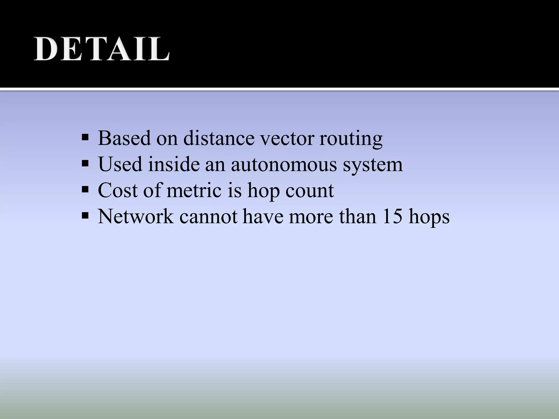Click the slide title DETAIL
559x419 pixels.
click(x=102, y=49)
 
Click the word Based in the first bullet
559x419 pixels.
click(x=124, y=138)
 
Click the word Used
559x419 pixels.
click(x=120, y=164)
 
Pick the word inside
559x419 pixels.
click(x=174, y=164)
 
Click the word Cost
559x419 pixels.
click(x=118, y=190)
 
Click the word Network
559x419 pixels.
click(x=136, y=217)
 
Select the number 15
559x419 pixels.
click(x=392, y=217)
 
